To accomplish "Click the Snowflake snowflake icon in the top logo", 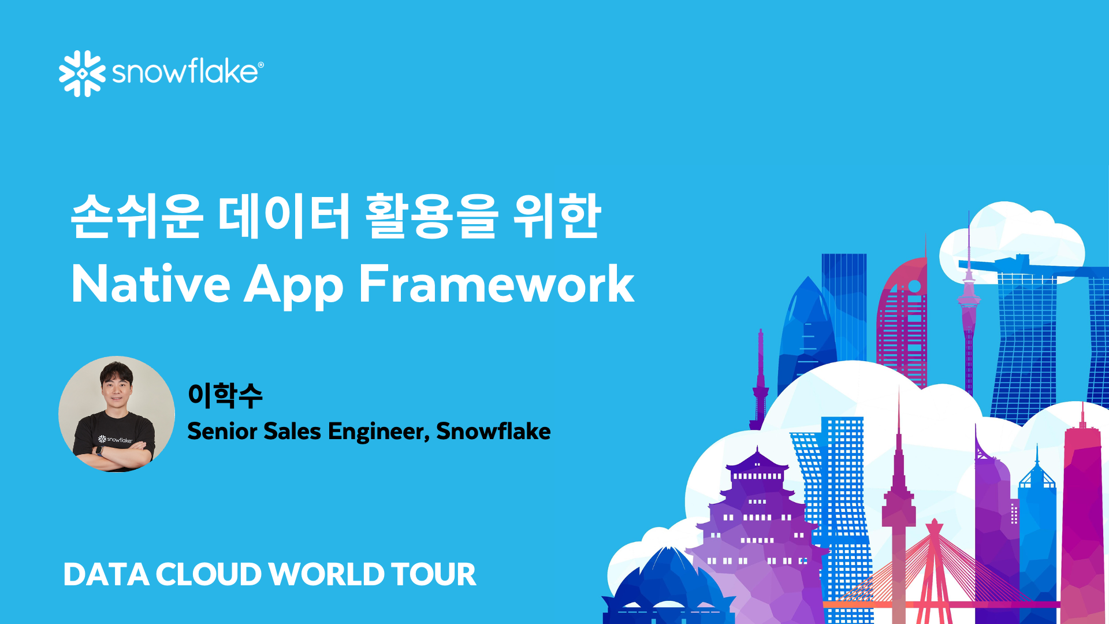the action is click(82, 73).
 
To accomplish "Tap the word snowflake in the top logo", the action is click(184, 72).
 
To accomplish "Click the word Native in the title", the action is click(151, 284).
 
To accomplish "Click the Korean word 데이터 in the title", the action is click(284, 216).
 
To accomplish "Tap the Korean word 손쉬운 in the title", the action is click(136, 216).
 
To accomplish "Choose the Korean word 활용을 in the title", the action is click(431, 216).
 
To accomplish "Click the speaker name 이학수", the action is click(225, 395).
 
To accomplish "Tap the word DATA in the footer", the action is click(106, 574).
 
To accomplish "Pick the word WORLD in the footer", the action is click(326, 574).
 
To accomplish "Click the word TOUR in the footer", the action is click(433, 574).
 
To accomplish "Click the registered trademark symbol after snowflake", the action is click(260, 65).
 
